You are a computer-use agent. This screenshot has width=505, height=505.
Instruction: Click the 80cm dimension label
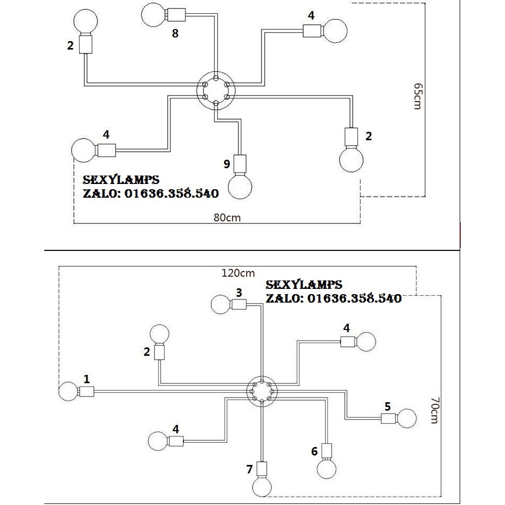[228, 217]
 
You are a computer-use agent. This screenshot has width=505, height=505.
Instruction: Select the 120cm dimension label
[238, 273]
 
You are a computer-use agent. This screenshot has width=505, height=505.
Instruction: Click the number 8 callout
[175, 34]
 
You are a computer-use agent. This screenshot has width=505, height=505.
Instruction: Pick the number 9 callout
[227, 164]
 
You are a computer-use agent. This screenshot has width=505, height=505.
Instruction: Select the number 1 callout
[86, 378]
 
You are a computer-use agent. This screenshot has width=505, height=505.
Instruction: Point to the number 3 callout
[239, 292]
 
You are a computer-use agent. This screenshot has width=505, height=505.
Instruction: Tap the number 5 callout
[387, 406]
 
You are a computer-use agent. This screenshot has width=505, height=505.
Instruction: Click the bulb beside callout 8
[154, 13]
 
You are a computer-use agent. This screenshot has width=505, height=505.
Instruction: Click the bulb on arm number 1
[68, 392]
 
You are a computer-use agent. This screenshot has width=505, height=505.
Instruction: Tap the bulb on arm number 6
[327, 468]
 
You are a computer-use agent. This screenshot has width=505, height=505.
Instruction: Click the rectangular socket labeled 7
[262, 469]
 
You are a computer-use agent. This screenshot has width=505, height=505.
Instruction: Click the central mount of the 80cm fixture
[215, 91]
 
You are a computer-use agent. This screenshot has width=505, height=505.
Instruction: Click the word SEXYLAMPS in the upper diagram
[121, 180]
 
